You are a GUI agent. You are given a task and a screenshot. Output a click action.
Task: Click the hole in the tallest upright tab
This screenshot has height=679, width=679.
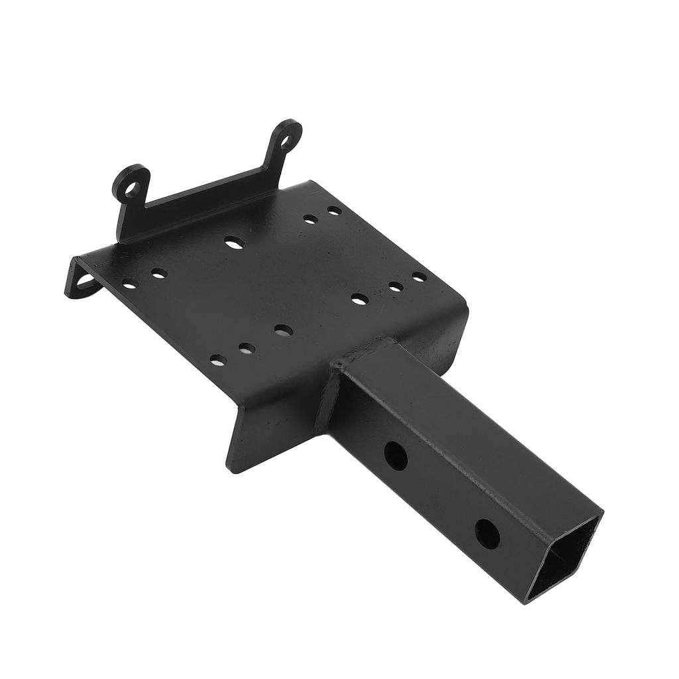point(286,141)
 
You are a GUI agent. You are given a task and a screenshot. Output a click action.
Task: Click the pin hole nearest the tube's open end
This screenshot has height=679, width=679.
point(487,533)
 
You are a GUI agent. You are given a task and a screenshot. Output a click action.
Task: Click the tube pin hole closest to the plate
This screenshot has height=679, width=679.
point(395,455)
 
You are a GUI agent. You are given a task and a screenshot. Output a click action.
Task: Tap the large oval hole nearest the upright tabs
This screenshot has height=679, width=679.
point(233,243)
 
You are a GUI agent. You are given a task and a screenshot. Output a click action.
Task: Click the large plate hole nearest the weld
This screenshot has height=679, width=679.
point(283,330)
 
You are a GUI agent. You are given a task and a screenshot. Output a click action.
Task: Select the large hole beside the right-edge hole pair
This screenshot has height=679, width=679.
point(359,299)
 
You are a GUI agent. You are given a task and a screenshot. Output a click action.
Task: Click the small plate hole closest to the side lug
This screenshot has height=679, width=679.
point(129,285)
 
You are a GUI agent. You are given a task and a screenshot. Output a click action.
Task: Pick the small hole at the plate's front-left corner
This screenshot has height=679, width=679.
point(217,360)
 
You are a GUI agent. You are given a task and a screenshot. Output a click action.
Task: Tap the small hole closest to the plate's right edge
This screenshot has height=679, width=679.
point(419,277)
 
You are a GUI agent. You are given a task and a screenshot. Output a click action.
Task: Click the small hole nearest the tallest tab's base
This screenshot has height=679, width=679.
point(334,211)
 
